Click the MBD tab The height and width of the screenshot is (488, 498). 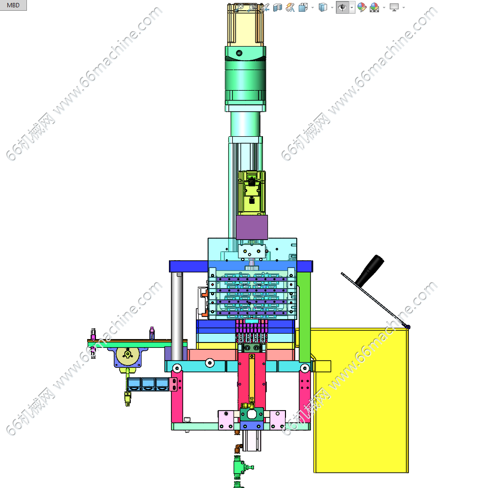point(13,5)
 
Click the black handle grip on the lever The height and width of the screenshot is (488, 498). point(370,270)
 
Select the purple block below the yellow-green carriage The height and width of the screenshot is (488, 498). point(252,227)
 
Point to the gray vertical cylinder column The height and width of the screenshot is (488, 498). point(177,317)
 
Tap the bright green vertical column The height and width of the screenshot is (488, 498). point(304,317)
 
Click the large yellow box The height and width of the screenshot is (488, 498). point(359,400)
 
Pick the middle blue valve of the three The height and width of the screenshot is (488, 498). point(148,384)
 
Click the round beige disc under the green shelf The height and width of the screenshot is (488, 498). point(128,356)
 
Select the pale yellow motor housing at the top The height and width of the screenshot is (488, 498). point(246,25)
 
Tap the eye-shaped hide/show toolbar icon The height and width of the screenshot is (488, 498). point(342,7)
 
